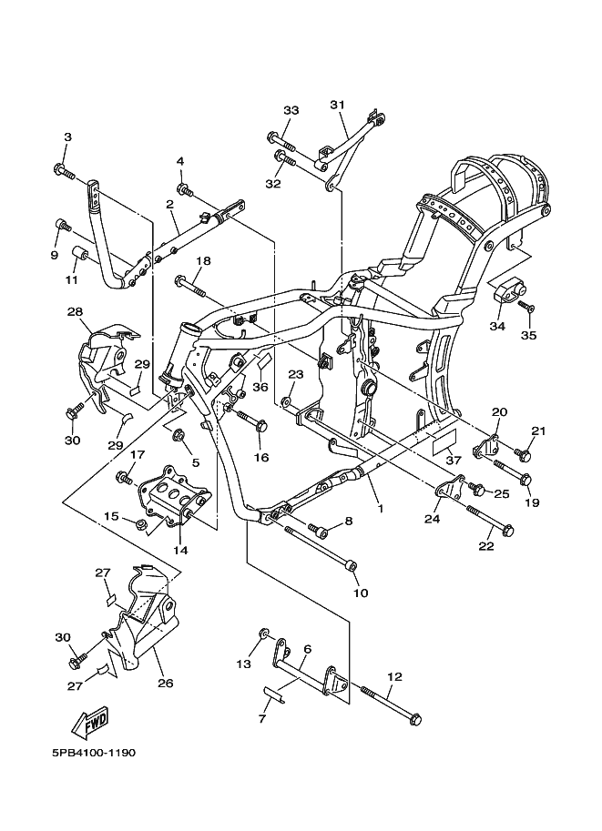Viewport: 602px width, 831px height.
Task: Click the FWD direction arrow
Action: pyautogui.click(x=91, y=722)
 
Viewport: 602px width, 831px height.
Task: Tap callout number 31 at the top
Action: pyautogui.click(x=337, y=105)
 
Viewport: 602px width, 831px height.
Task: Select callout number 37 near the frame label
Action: pyautogui.click(x=453, y=461)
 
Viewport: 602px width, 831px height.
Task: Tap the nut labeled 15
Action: pyautogui.click(x=140, y=524)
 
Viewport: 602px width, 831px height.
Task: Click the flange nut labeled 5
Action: pyautogui.click(x=179, y=436)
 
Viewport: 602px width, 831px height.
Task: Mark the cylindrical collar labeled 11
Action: pyautogui.click(x=79, y=254)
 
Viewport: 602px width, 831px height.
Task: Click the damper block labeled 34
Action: pyautogui.click(x=509, y=290)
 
